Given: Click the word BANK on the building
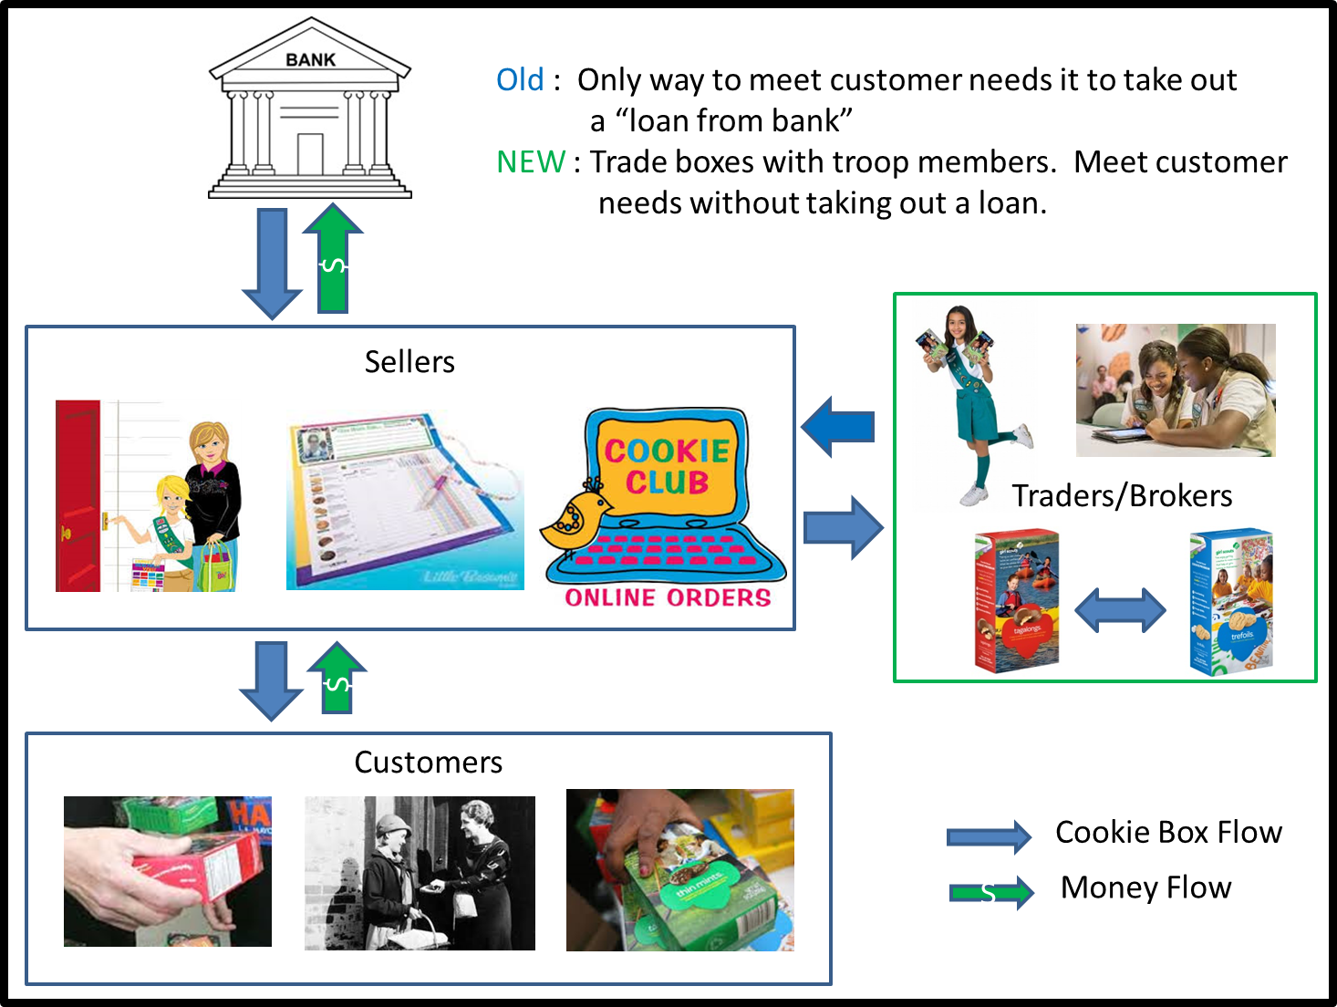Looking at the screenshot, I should pos(310,60).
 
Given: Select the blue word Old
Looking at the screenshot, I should pos(520,80).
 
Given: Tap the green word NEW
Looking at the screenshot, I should pos(531,162).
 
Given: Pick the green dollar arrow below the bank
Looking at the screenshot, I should pos(334,259).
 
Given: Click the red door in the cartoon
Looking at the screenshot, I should pos(78,496).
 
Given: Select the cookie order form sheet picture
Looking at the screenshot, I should pos(405,500).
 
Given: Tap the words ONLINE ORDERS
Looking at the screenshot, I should pos(668,597).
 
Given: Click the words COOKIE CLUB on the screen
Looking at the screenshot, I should pos(667,466).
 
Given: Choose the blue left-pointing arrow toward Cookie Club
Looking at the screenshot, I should pos(838,426).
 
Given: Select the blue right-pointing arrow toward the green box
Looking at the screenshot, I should pos(844,527).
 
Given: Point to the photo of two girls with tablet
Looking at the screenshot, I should pos(1176,390).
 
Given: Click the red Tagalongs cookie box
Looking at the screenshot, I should pos(1016,602).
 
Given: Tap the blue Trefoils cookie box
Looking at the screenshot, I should pos(1231,603).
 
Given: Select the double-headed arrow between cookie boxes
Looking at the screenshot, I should pos(1120,610).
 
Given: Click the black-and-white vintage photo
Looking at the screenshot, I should pos(420,873).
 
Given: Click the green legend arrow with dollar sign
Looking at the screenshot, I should pos(991,893).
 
